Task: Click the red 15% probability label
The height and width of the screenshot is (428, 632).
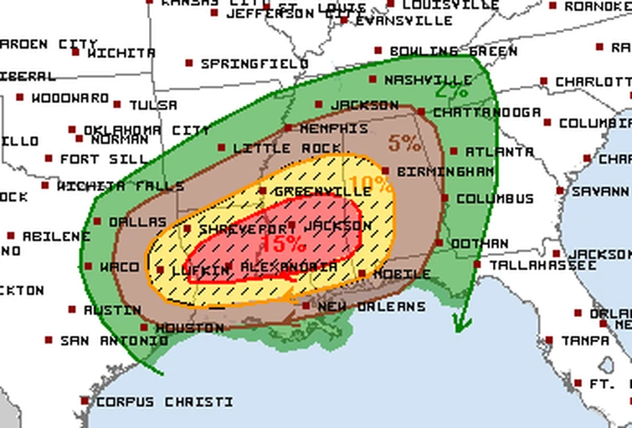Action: [283, 243]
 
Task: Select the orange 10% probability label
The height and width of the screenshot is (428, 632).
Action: [371, 185]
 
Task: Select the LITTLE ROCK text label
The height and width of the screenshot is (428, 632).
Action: [287, 148]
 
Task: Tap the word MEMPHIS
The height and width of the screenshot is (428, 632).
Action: [333, 129]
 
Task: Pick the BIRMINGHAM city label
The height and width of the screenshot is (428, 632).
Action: [444, 171]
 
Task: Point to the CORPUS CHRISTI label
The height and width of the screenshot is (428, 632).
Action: [164, 402]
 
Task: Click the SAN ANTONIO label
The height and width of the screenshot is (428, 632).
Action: [114, 341]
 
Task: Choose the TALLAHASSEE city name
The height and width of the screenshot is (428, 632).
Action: [542, 265]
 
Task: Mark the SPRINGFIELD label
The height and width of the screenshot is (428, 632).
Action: [254, 64]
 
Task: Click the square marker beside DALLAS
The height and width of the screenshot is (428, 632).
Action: [97, 222]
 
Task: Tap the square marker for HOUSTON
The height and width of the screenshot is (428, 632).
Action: [144, 327]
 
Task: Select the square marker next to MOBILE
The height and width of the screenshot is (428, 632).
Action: [362, 273]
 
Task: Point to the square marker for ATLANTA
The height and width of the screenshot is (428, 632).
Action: [454, 151]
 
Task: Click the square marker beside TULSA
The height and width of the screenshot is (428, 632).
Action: [117, 104]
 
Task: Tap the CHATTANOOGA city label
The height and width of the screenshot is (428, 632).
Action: [475, 112]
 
